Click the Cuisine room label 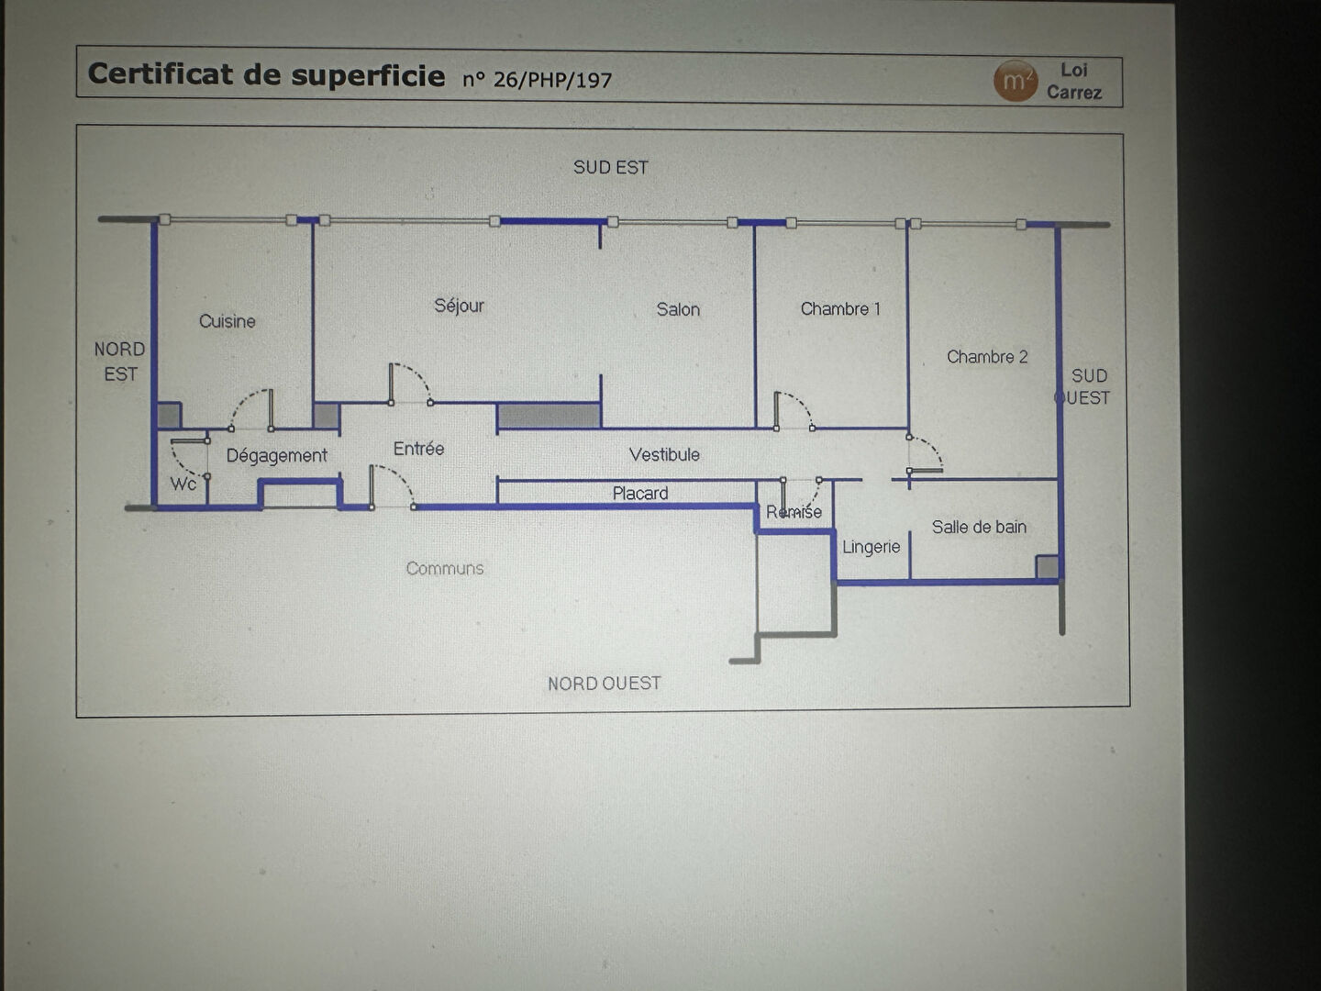tap(228, 321)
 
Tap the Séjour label tap(459, 306)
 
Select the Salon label tap(678, 310)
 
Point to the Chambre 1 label tap(840, 309)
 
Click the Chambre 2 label tap(987, 357)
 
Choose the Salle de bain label tap(979, 527)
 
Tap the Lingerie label tap(871, 547)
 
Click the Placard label tap(640, 494)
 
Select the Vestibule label tap(664, 454)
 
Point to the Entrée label tap(418, 449)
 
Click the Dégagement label tap(276, 455)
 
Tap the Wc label tap(183, 484)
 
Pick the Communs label tap(445, 569)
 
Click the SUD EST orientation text tap(611, 168)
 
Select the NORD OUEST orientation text tap(604, 684)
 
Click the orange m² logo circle tap(1015, 81)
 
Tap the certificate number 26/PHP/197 tap(551, 80)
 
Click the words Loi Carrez tap(1074, 81)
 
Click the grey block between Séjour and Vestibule tap(549, 416)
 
